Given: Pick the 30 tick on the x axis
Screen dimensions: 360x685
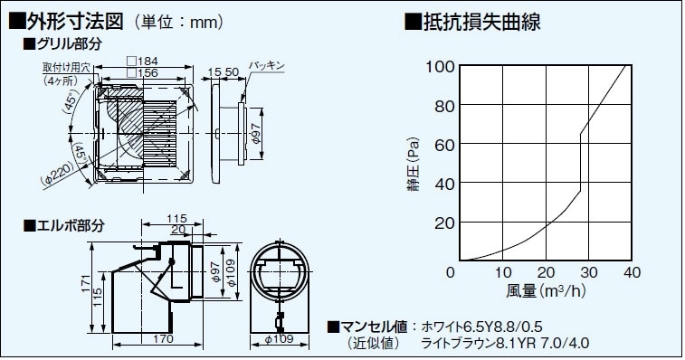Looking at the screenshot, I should pos(588,272).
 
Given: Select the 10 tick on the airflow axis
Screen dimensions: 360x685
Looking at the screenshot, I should pos(503,272).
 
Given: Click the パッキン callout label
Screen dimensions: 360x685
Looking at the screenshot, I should pos(269,66).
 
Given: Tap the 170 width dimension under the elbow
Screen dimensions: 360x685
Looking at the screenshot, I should pos(163,340).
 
